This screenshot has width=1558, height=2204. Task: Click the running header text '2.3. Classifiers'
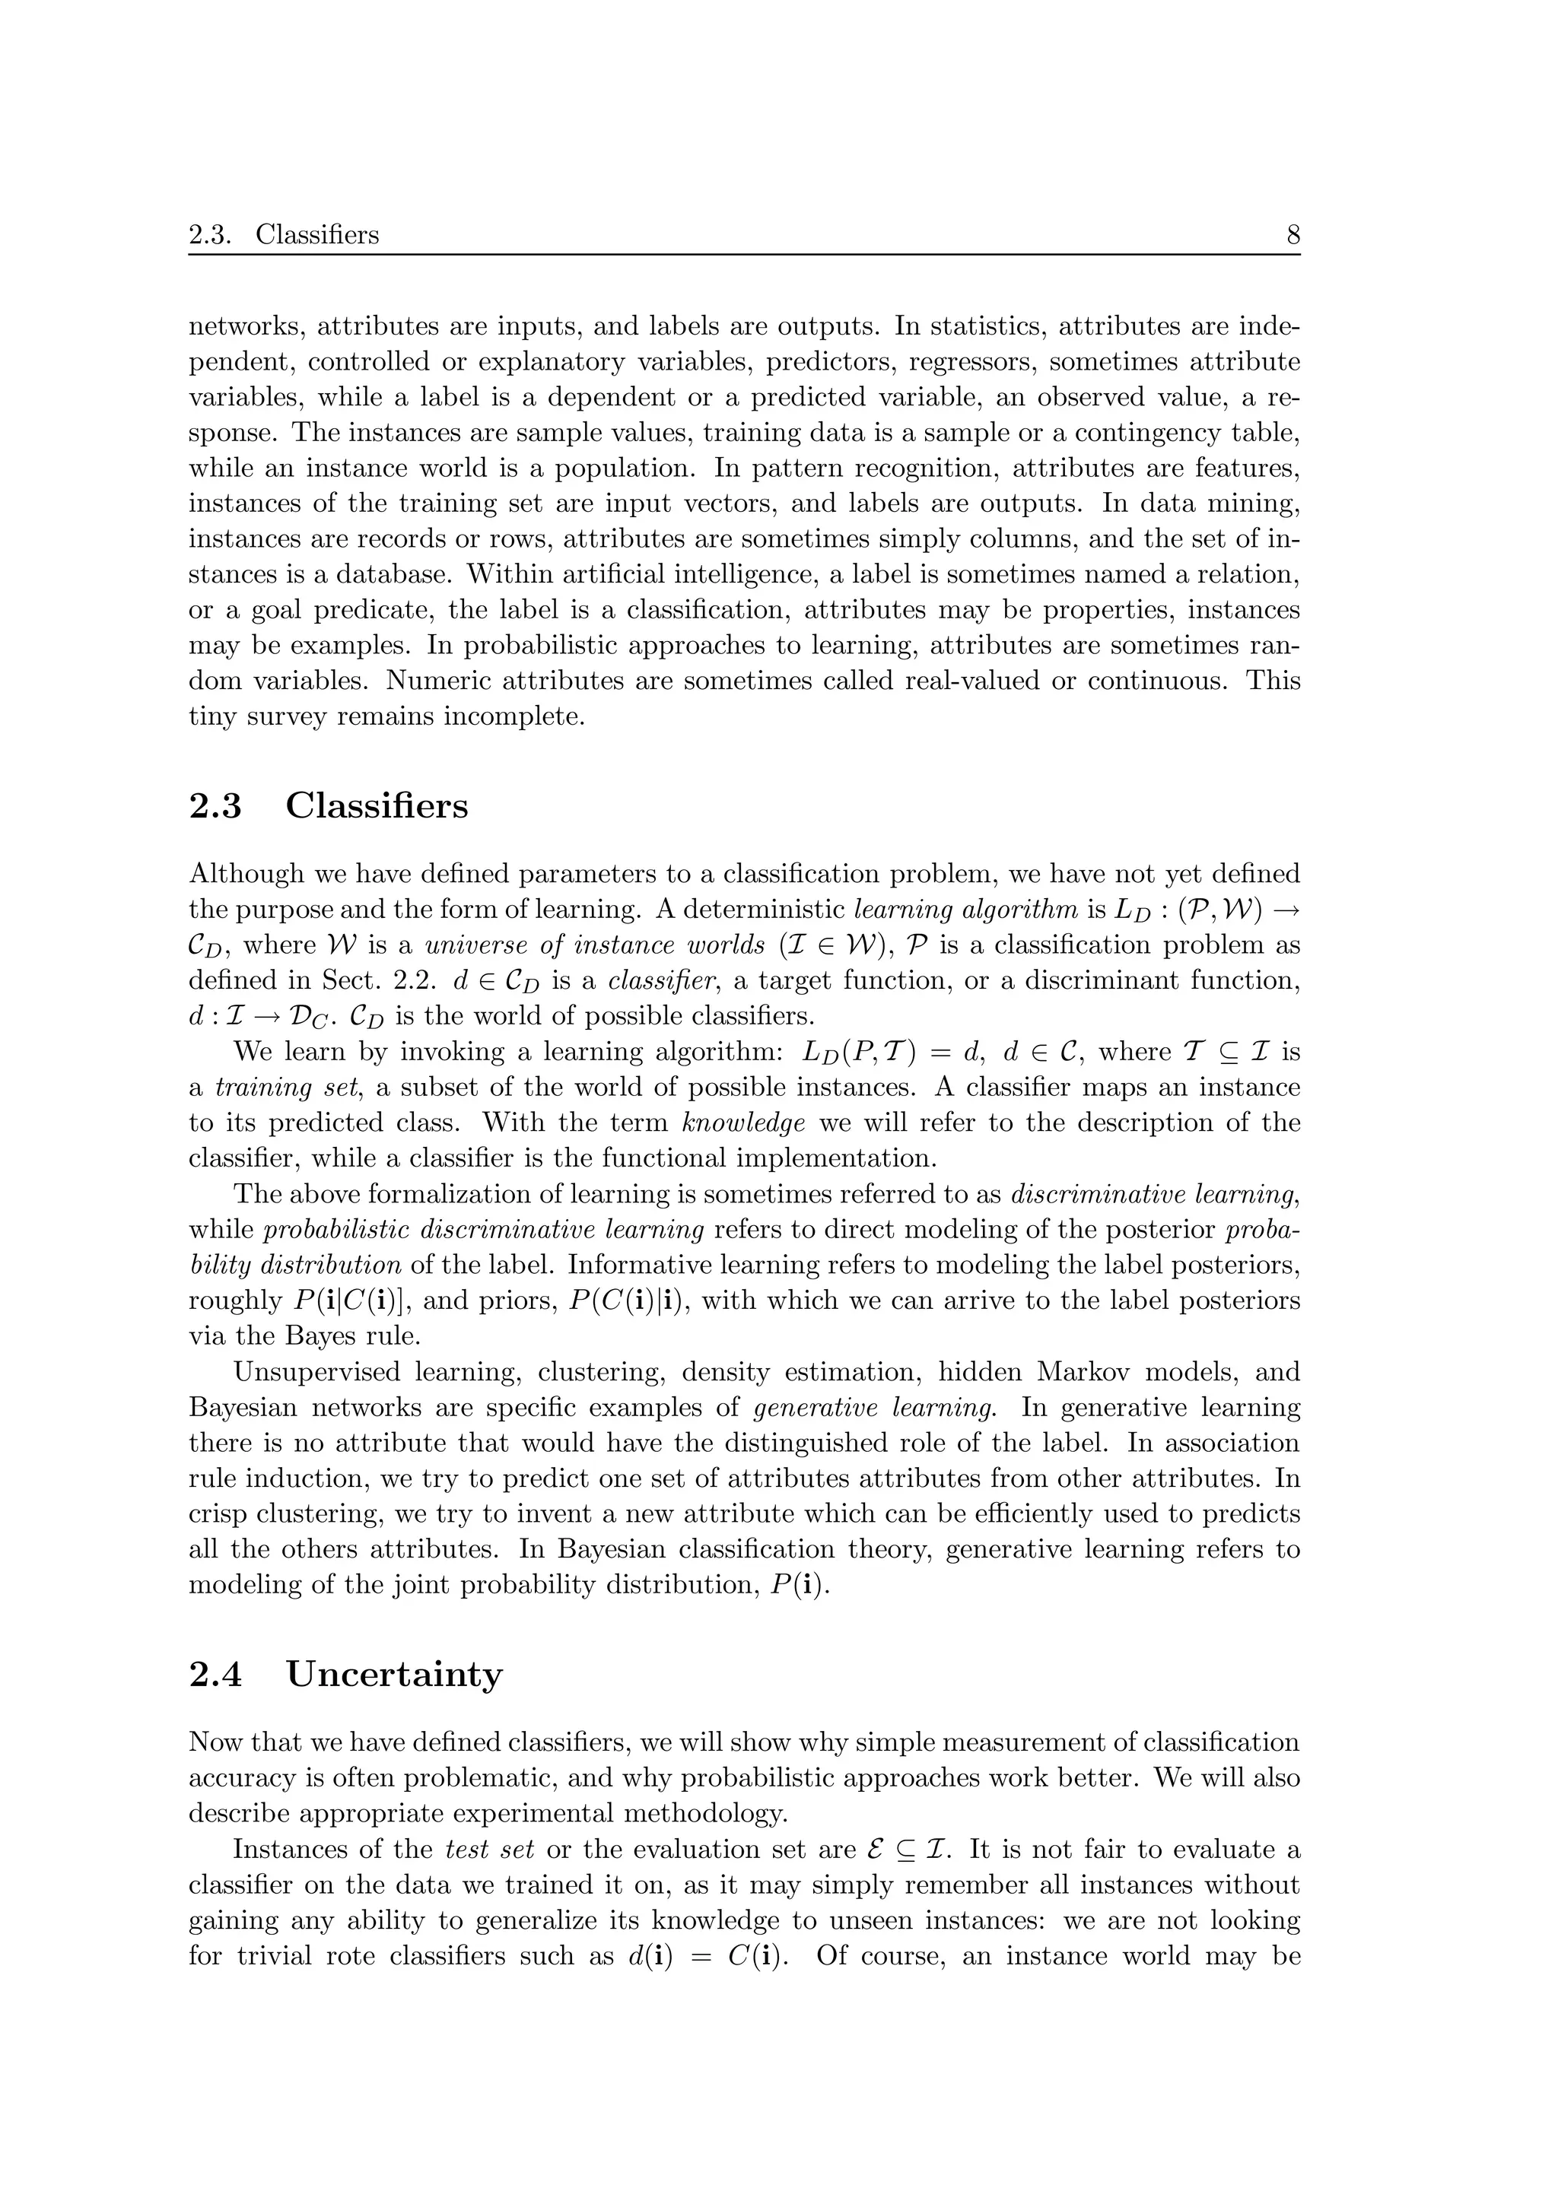(285, 235)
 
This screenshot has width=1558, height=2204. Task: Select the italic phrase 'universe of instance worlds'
(595, 945)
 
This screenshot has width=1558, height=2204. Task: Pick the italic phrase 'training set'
(264, 1087)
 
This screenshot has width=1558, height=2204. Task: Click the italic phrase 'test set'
(490, 1849)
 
